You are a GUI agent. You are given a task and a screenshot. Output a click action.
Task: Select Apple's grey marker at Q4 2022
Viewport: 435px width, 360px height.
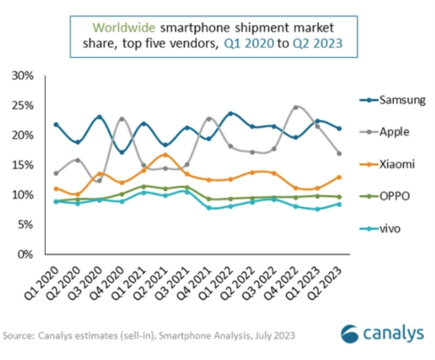click(296, 107)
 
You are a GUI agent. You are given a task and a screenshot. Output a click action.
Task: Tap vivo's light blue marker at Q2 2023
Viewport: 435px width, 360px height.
click(339, 204)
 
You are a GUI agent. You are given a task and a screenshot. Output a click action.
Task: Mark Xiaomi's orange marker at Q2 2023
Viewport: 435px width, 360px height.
click(339, 177)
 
